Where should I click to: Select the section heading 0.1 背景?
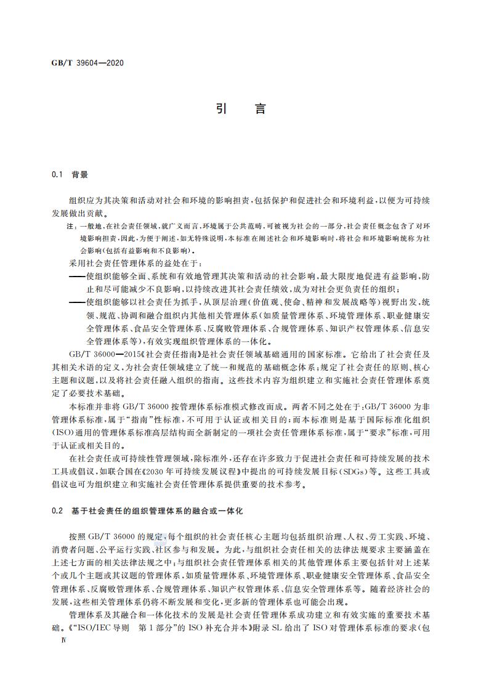click(x=70, y=174)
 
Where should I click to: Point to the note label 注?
click(x=70, y=227)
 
